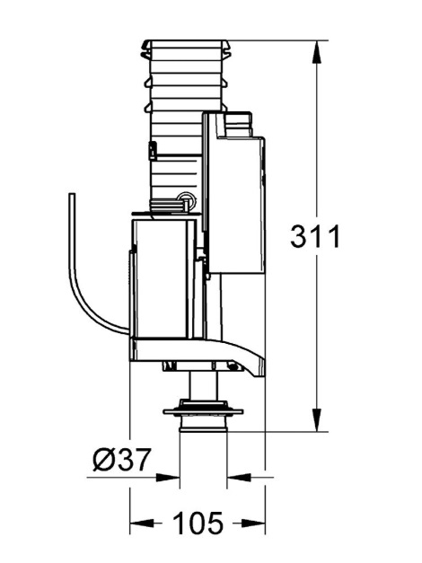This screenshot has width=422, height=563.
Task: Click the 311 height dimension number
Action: click(315, 237)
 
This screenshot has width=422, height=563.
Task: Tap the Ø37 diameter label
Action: click(121, 459)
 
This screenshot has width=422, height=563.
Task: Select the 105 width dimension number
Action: click(198, 523)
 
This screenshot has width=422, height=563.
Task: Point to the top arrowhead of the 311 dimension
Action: click(316, 53)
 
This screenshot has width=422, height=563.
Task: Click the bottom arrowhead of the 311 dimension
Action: click(316, 418)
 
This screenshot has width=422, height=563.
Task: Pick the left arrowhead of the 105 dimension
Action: click(143, 523)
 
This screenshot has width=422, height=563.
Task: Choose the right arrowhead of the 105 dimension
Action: click(252, 523)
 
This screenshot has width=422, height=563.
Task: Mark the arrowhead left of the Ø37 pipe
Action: click(167, 478)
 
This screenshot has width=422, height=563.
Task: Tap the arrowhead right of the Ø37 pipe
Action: click(239, 478)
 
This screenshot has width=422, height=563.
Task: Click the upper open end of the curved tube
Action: click(72, 194)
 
